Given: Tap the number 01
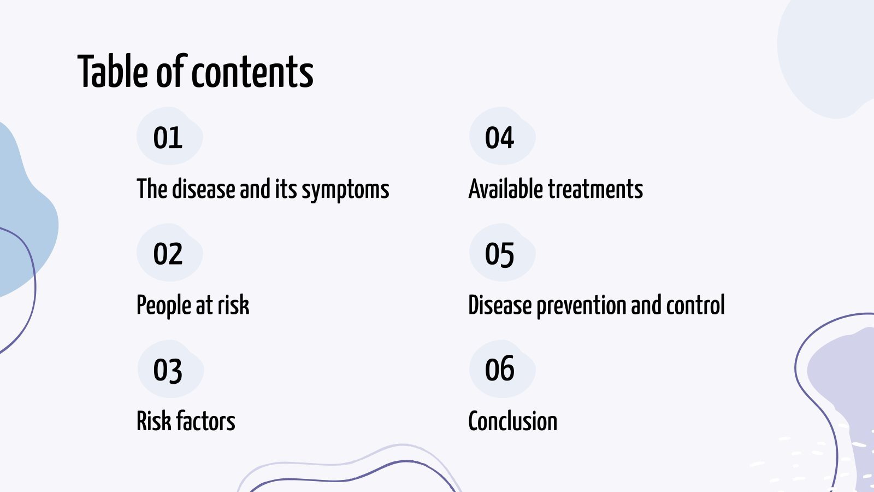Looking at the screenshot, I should click(168, 138).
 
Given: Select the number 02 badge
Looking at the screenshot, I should click(168, 254).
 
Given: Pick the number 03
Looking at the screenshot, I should click(168, 371).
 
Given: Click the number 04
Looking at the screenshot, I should click(499, 138).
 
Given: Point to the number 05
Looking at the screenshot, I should click(499, 254).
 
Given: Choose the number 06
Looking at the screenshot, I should click(499, 369).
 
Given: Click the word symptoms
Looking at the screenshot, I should click(345, 190).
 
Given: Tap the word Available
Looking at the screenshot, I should click(506, 189).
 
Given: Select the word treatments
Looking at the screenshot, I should click(595, 189).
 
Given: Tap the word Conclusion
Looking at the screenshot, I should click(512, 421).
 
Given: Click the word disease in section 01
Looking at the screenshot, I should click(203, 189).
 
